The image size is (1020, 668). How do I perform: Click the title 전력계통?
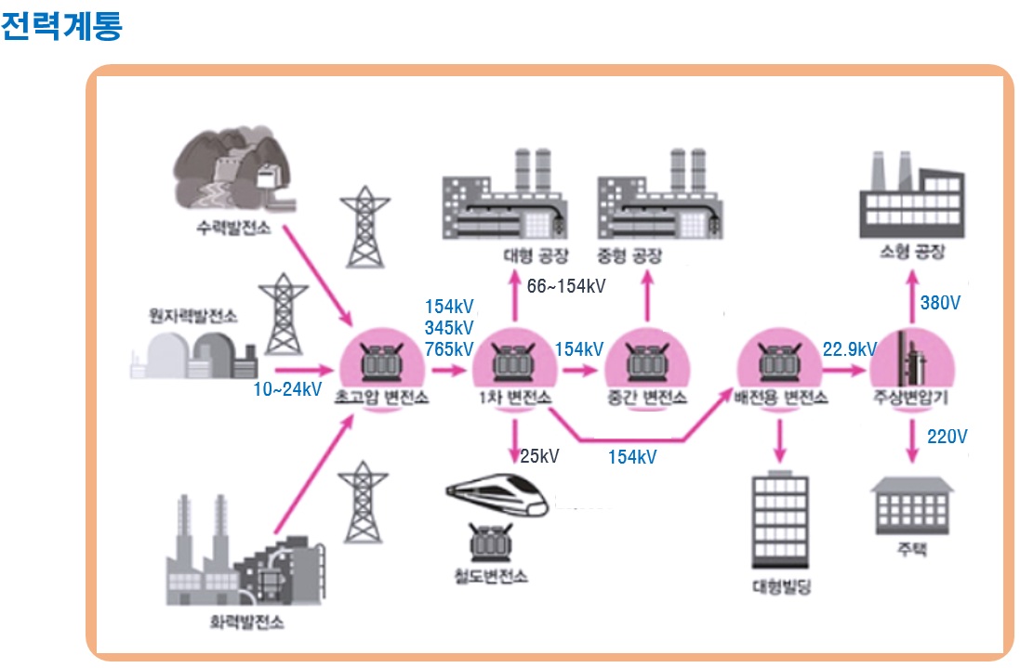click(x=61, y=25)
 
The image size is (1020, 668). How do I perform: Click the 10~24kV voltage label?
click(x=287, y=388)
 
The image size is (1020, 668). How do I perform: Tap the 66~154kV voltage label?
click(x=565, y=286)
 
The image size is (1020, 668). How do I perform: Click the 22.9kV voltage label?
click(x=849, y=349)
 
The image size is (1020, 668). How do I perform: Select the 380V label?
click(x=941, y=303)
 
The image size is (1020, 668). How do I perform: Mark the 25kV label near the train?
click(x=539, y=456)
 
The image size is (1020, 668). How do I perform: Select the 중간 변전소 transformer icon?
click(x=644, y=362)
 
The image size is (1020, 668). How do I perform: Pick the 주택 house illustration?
click(x=912, y=505)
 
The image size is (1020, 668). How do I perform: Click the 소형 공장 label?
click(x=910, y=252)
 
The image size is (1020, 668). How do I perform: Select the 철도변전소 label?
click(x=490, y=575)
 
